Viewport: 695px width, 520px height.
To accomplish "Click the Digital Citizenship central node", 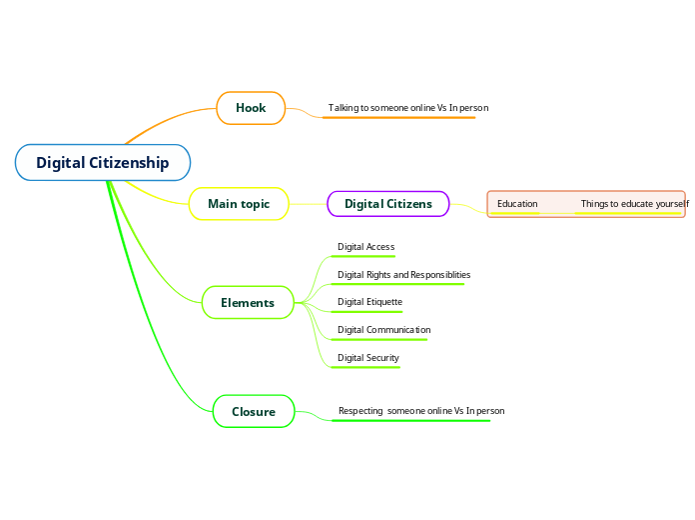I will coord(103,163).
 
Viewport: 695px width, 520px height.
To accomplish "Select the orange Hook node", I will coord(251,108).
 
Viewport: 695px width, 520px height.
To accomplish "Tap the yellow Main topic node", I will coord(239,204).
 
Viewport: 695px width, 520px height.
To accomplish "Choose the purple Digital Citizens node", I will coord(388,204).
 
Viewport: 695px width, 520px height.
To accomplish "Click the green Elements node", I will coord(248,303).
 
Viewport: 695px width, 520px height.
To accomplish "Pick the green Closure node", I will coord(254,411).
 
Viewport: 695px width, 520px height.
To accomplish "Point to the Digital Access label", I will coord(365,247).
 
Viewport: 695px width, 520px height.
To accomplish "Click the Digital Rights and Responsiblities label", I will coord(403,274).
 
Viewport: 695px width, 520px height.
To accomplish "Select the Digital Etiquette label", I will coord(369,302).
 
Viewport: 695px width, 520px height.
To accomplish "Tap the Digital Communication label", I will coord(383,330).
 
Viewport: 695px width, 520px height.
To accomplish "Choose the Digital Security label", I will coord(367,358).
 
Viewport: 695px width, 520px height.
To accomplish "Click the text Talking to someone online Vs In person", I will coord(407,107).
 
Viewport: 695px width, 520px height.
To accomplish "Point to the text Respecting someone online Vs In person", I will coord(420,411).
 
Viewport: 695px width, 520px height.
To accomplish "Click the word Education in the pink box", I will coord(517,204).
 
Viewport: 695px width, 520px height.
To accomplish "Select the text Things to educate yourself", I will coord(634,204).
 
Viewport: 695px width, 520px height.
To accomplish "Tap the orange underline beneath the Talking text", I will coord(399,118).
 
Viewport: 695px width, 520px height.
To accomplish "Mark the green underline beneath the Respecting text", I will coord(410,421).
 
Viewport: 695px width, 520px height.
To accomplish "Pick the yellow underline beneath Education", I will coord(515,213).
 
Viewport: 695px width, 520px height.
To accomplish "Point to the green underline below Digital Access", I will coord(363,257).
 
